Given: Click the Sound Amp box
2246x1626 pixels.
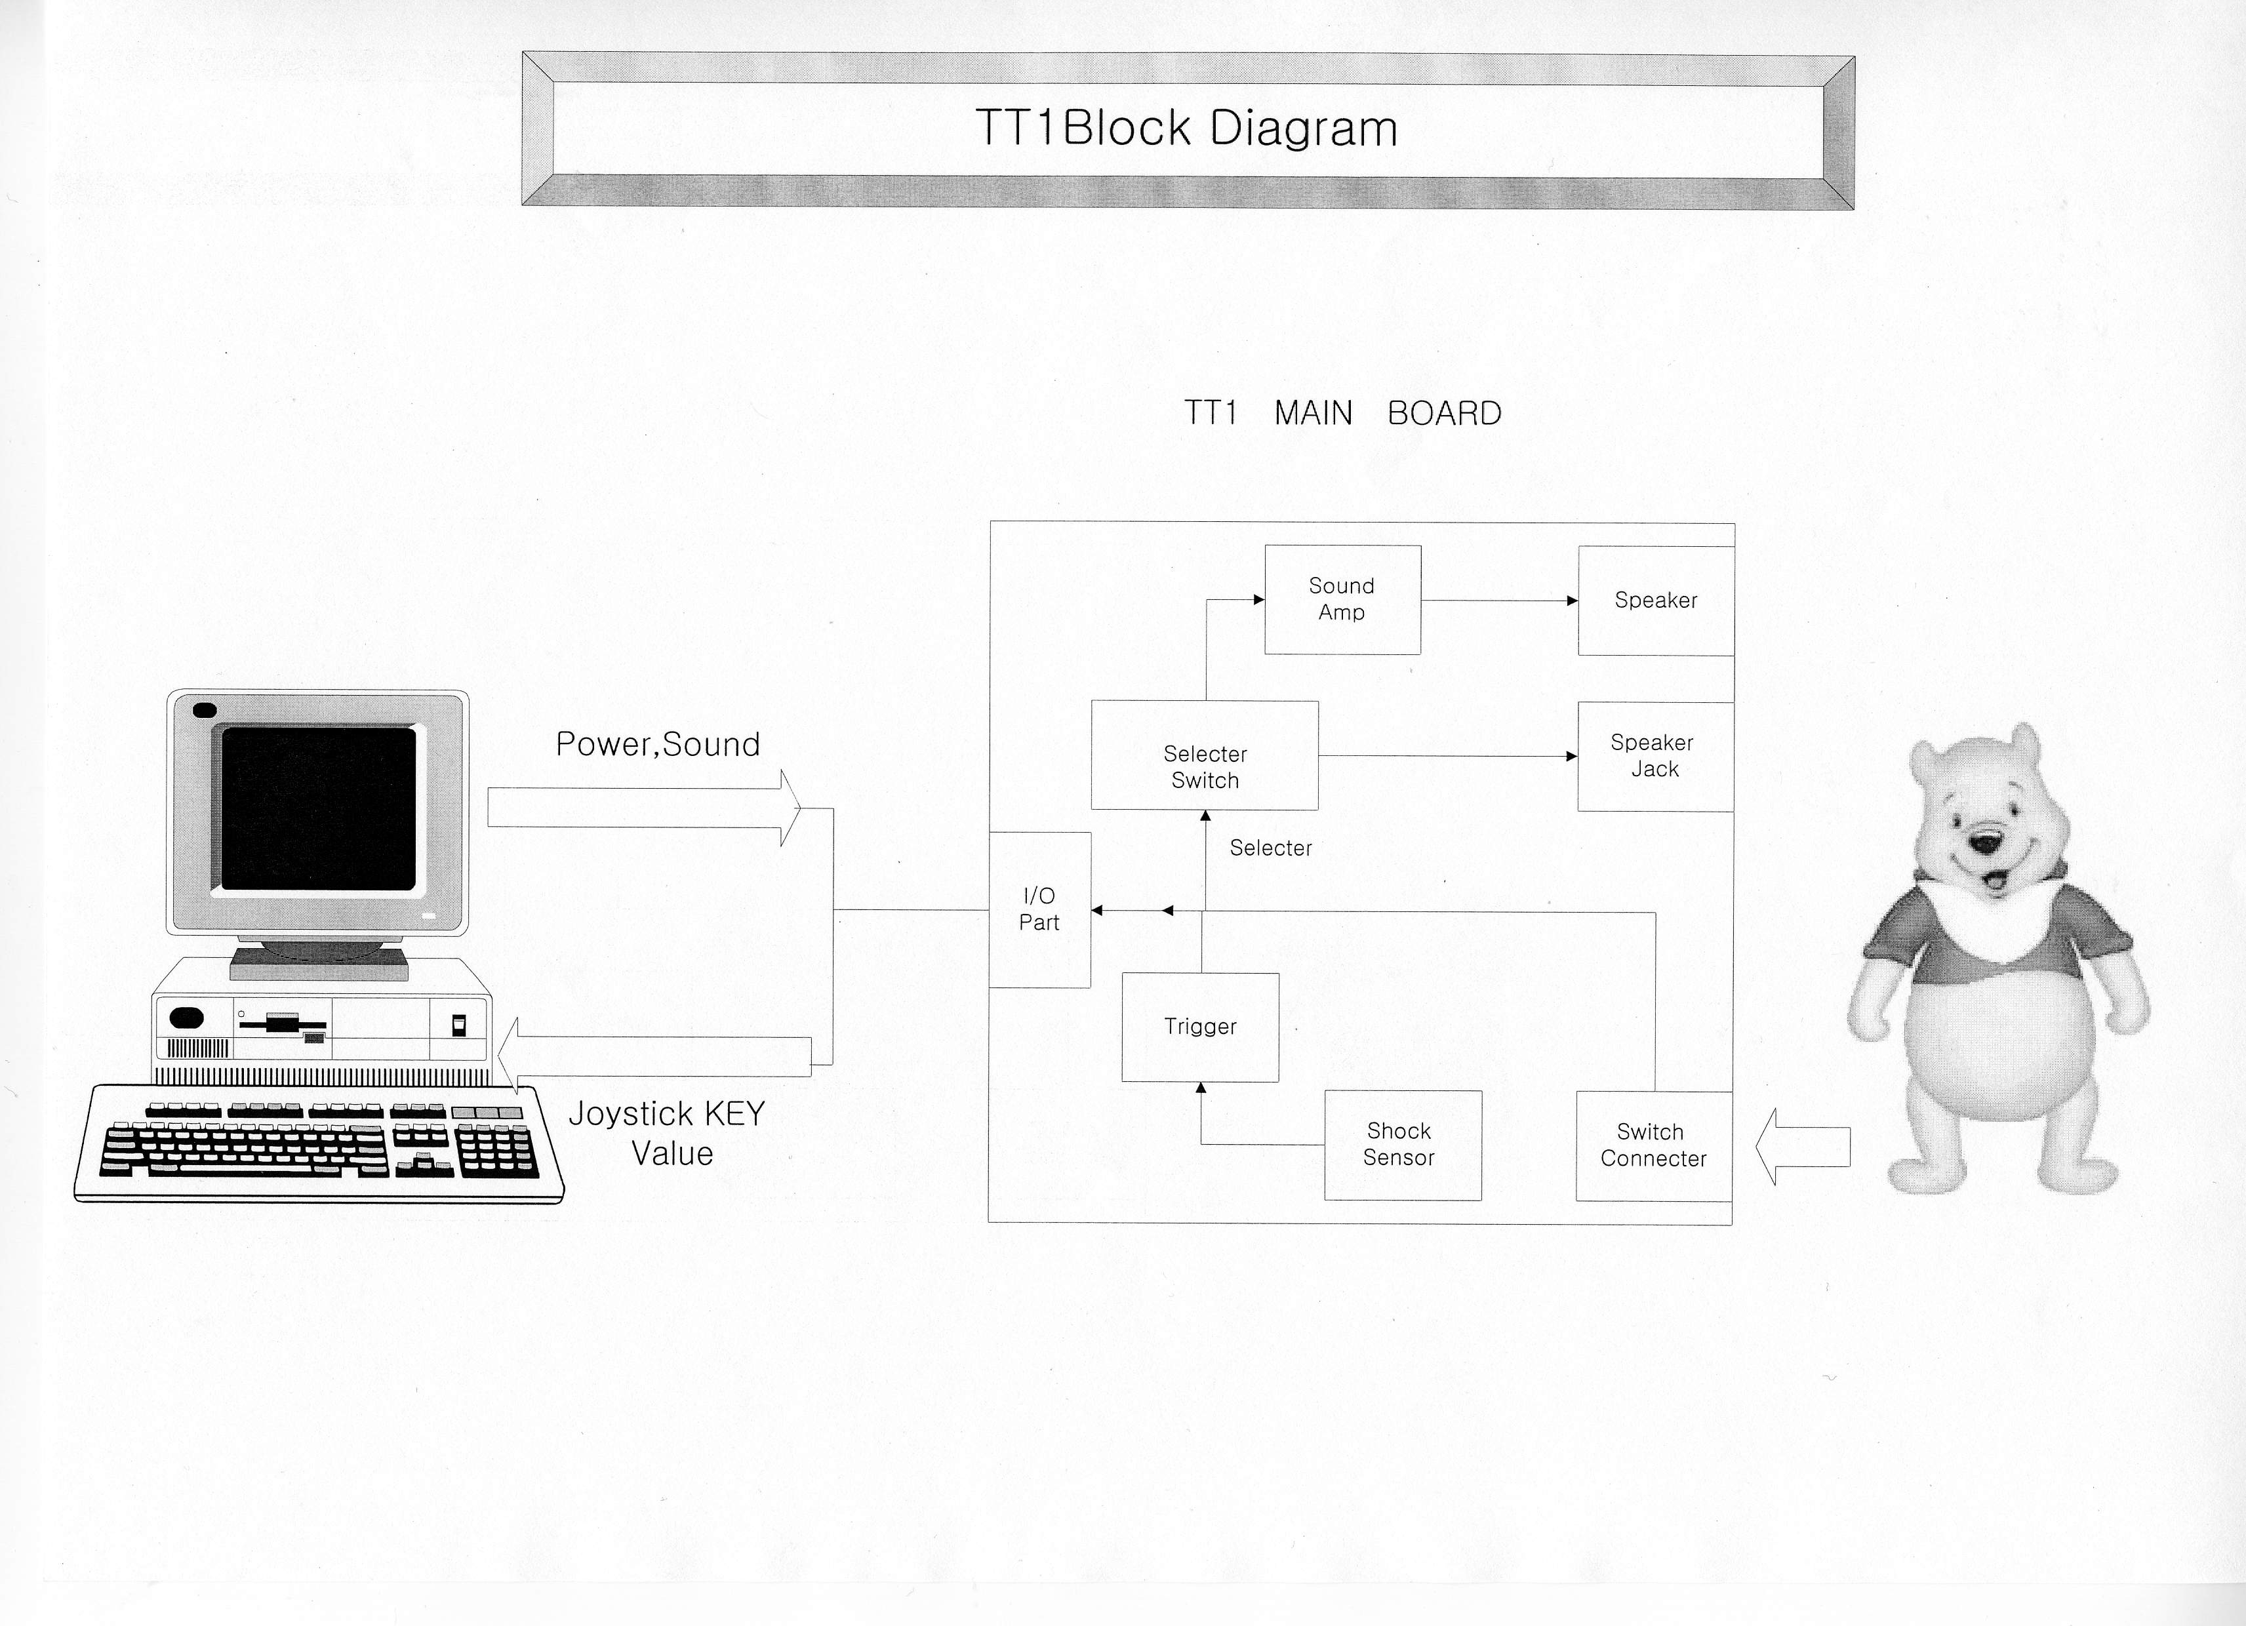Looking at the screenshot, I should pyautogui.click(x=1342, y=599).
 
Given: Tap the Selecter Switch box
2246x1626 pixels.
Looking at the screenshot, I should pyautogui.click(x=1204, y=755).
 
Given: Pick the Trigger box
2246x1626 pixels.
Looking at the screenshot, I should pyautogui.click(x=1199, y=1027).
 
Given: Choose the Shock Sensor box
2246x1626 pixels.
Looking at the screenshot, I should pyautogui.click(x=1402, y=1145).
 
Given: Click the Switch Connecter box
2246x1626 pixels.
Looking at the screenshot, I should pyautogui.click(x=1653, y=1145).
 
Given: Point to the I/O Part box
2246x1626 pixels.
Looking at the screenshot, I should pyautogui.click(x=1040, y=909).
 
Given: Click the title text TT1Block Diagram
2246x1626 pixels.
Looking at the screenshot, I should pyautogui.click(x=1186, y=129).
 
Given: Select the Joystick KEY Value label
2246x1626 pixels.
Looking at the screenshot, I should pyautogui.click(x=668, y=1133).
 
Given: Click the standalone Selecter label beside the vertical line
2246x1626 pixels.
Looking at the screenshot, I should pyautogui.click(x=1271, y=848).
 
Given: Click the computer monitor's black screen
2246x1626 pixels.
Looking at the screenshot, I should pyautogui.click(x=318, y=809).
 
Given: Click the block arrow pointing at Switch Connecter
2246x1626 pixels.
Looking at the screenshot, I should pyautogui.click(x=1802, y=1147).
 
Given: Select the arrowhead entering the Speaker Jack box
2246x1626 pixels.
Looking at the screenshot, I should pyautogui.click(x=1571, y=757).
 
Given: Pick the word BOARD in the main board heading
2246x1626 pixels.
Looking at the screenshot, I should pyautogui.click(x=1444, y=414).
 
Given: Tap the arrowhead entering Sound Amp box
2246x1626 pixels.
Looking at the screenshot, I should pyautogui.click(x=1258, y=599).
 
